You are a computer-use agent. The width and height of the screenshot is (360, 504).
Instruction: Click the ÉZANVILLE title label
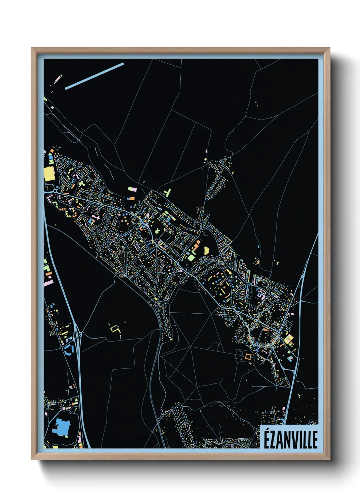tap(291, 439)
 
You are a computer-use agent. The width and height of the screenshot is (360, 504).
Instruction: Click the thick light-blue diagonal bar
tap(94, 76)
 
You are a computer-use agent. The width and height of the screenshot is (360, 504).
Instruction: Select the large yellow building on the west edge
tap(49, 174)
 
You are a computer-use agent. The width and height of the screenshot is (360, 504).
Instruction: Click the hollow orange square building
tap(248, 357)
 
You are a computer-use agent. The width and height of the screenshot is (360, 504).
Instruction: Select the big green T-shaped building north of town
tap(167, 193)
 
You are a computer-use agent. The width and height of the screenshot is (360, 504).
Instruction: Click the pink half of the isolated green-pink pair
tap(134, 189)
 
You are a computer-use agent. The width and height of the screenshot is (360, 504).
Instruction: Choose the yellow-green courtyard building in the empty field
tap(116, 329)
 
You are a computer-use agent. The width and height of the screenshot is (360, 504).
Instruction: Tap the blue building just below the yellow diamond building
tap(290, 359)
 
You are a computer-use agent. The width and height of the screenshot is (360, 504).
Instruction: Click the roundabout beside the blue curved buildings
tap(63, 348)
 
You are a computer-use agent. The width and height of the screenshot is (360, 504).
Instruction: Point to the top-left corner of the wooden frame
tap(32, 48)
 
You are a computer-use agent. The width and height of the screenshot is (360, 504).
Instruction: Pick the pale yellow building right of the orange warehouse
tap(206, 251)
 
